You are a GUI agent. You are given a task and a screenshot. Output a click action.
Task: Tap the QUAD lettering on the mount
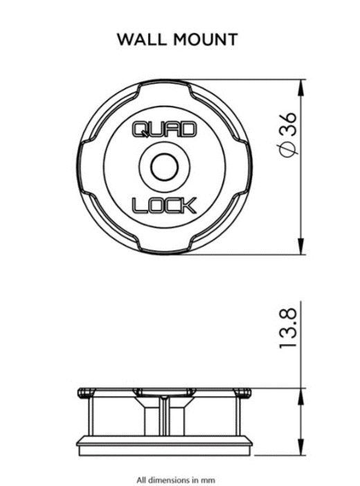coord(164,129)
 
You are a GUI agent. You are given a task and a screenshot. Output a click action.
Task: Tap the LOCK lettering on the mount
coord(164,204)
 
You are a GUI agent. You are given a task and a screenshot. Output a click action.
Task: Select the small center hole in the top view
coord(164,167)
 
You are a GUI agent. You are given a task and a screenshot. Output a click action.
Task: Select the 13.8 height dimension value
coord(289,328)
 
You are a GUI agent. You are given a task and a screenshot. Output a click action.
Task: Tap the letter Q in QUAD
coord(141,129)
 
